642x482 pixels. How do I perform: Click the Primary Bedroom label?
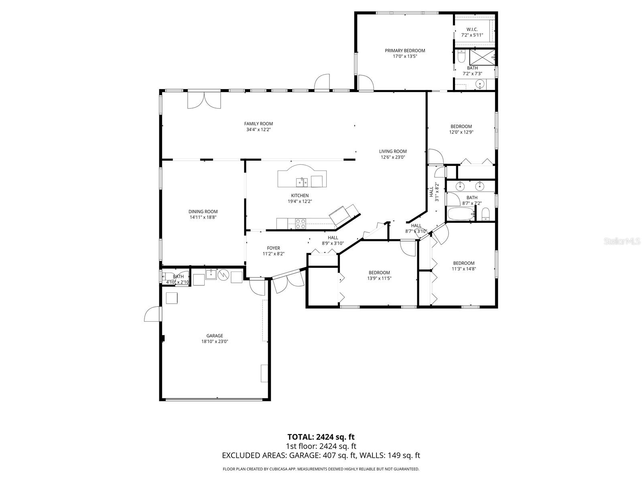click(x=405, y=51)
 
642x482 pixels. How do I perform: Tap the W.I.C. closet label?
click(x=472, y=30)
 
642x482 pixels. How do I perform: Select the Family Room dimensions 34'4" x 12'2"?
click(x=258, y=130)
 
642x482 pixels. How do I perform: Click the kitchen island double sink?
click(x=302, y=183)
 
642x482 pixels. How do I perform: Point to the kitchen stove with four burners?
click(x=301, y=223)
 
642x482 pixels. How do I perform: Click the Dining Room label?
click(x=203, y=212)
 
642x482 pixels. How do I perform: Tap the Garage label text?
click(x=215, y=336)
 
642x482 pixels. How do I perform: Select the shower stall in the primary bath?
click(x=482, y=57)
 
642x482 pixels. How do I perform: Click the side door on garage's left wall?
click(x=153, y=314)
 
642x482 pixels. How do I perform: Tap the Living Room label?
click(x=393, y=151)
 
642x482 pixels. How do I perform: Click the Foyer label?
click(x=274, y=248)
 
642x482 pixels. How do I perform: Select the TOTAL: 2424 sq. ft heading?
click(x=321, y=437)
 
